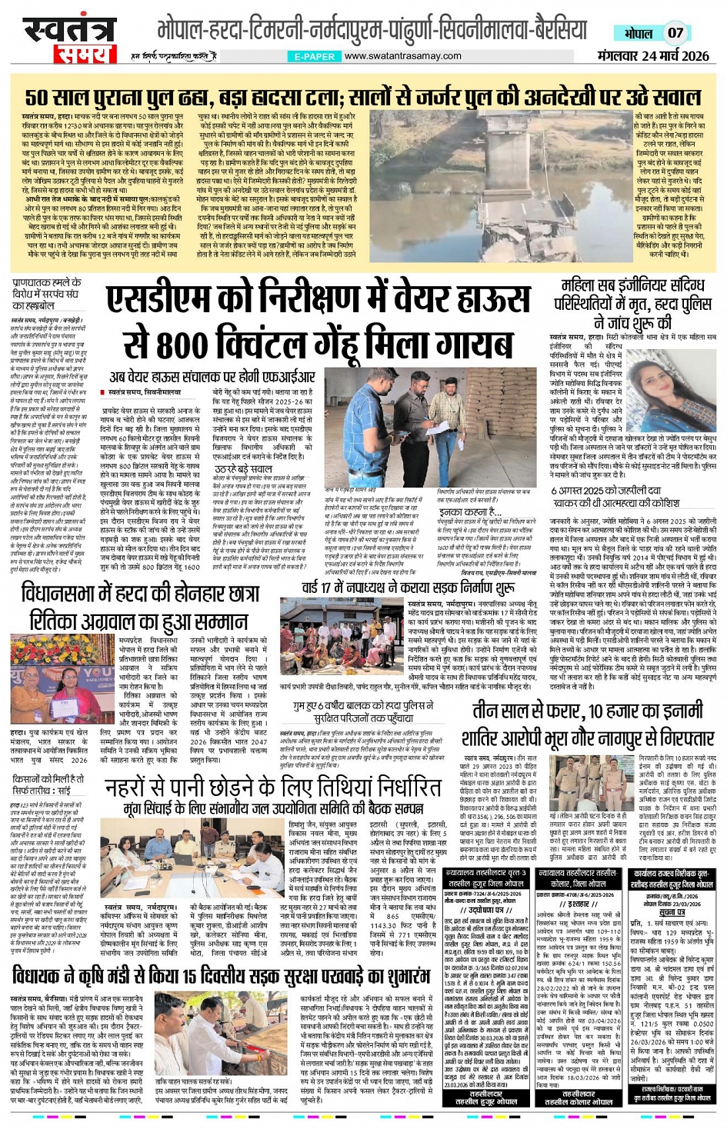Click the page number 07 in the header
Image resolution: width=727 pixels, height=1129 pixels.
[x=675, y=33]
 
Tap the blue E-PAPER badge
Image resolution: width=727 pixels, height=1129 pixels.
[x=315, y=56]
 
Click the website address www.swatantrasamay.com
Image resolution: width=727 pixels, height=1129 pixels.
[x=402, y=56]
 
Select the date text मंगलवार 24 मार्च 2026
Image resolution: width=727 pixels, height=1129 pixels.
[x=653, y=55]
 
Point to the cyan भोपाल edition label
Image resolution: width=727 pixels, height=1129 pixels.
[x=638, y=33]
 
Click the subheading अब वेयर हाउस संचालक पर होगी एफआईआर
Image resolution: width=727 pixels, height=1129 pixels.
[x=212, y=377]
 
